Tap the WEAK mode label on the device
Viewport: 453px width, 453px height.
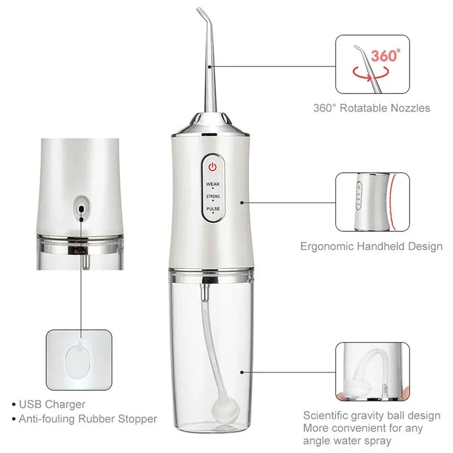[213, 184]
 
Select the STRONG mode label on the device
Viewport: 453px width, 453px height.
[213, 196]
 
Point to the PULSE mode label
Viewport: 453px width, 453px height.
[213, 209]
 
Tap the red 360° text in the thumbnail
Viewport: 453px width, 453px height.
[385, 56]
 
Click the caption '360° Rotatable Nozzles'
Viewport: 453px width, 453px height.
[371, 108]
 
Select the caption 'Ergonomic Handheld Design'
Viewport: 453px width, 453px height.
[371, 246]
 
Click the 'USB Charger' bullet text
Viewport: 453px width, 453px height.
[52, 404]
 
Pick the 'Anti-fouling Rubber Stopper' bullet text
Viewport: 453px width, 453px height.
[88, 419]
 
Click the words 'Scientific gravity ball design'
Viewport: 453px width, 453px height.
[371, 416]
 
